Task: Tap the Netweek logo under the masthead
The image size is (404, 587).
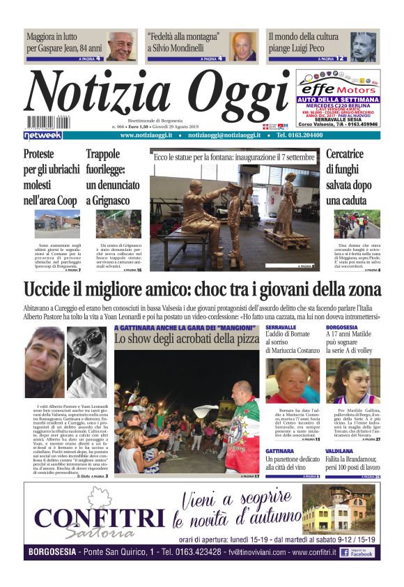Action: click(43, 135)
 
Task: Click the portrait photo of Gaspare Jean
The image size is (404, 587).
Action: click(122, 46)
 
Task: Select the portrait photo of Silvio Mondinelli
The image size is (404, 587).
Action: click(244, 46)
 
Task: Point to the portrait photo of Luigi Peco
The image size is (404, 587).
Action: click(363, 46)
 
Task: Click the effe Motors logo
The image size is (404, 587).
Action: click(338, 88)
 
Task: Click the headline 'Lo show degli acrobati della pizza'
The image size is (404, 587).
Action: click(186, 338)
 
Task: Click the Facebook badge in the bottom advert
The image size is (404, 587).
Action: click(359, 551)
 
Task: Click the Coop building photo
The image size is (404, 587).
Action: click(57, 224)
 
